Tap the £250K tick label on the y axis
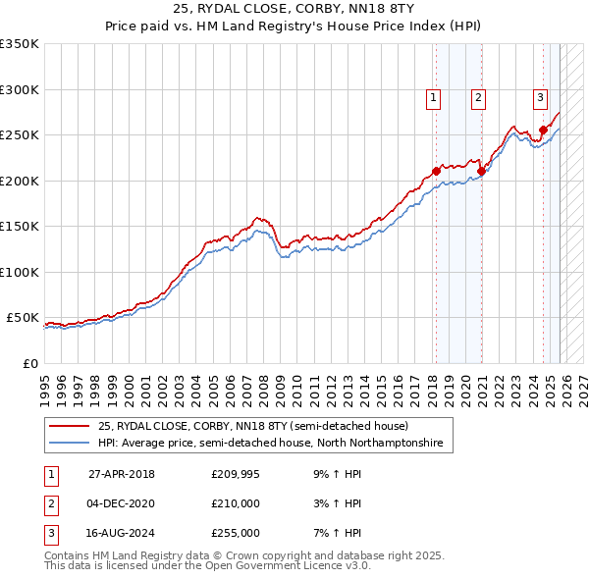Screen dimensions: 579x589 coord(19,135)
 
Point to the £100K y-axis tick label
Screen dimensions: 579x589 coord(19,272)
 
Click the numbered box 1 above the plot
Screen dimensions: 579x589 coord(433,96)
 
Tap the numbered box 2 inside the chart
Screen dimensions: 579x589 coord(477,96)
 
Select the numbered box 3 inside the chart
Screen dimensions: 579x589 coord(540,96)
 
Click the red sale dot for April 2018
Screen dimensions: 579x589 coord(436,172)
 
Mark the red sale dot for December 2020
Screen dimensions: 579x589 coord(481,172)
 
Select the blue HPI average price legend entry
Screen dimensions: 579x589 coord(270,444)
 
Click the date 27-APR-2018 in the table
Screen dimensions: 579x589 coord(122,473)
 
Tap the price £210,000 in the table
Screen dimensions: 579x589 coord(236,503)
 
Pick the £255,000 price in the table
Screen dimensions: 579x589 coord(236,534)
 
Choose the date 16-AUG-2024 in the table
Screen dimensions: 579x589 coord(122,534)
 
